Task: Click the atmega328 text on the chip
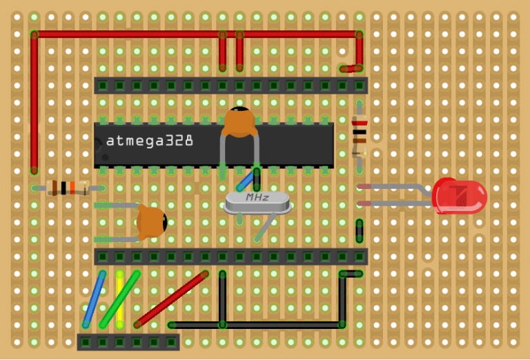point(150,141)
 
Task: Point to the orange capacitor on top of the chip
point(239,122)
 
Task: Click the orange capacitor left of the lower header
point(151,222)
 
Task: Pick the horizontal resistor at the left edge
point(68,188)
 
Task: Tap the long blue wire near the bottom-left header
point(94,299)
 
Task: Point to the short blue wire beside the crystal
point(244,181)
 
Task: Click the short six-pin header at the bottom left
point(128,342)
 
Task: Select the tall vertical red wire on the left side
point(34,103)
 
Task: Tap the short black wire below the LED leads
point(359,230)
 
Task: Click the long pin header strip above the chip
point(230,86)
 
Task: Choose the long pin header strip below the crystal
point(230,257)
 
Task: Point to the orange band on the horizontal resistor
point(71,188)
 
